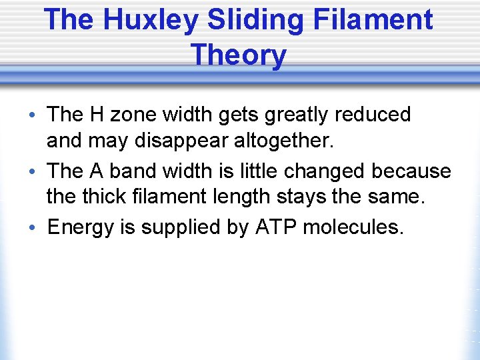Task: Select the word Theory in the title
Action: tap(239, 54)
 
